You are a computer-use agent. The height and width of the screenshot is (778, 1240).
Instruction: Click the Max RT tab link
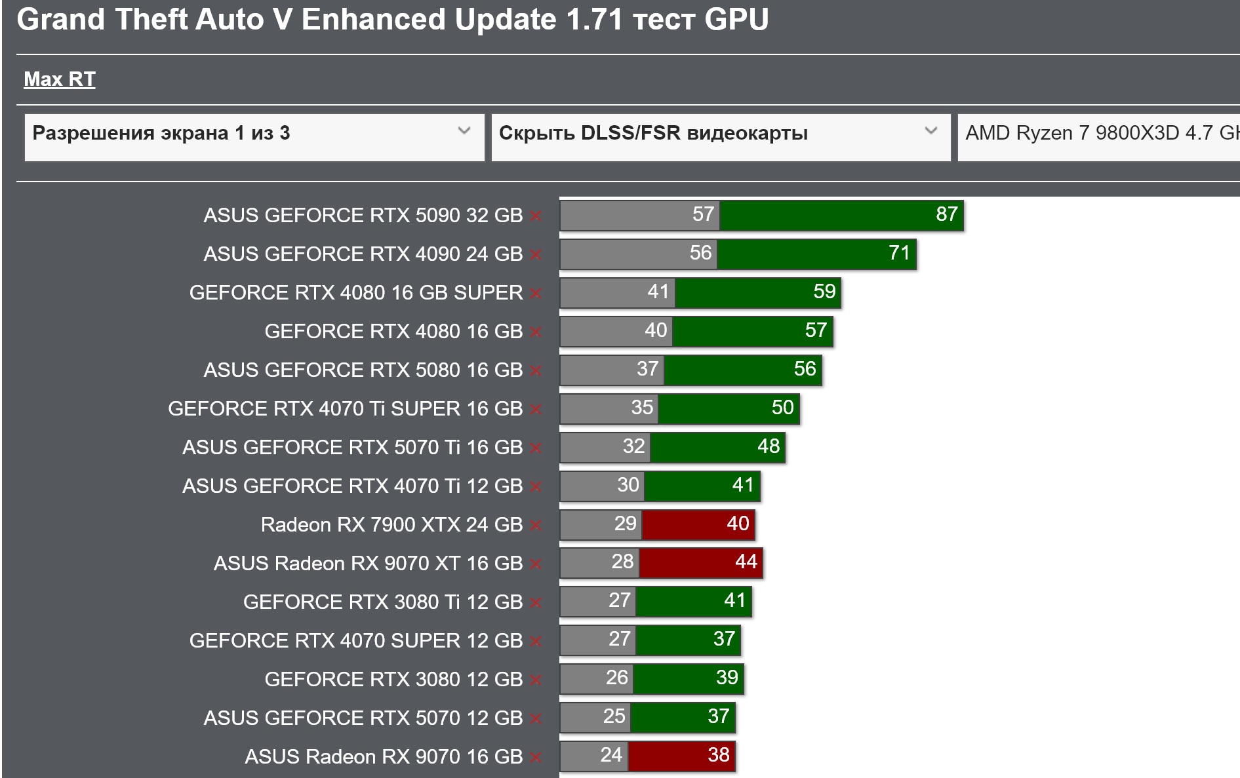tap(60, 79)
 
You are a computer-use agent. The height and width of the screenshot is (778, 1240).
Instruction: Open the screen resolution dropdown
tap(254, 134)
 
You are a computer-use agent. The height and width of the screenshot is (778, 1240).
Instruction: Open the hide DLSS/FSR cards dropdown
tap(720, 134)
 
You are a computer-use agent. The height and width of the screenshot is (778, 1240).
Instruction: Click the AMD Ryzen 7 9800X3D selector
tap(1098, 134)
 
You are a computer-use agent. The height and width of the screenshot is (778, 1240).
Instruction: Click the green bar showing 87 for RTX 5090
tap(841, 215)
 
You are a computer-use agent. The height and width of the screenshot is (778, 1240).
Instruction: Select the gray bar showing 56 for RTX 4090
tap(638, 254)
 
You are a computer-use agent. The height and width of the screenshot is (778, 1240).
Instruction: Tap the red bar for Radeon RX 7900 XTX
tap(698, 524)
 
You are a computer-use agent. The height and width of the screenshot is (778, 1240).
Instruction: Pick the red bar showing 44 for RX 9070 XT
tap(701, 563)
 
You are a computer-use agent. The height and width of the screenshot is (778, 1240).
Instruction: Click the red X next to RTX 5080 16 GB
tap(536, 371)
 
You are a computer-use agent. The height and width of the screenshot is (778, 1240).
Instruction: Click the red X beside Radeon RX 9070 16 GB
tap(536, 758)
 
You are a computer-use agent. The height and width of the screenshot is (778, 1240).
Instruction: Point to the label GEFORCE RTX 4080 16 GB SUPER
tap(355, 292)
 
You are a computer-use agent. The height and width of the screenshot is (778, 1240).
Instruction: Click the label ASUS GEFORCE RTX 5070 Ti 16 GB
tap(352, 447)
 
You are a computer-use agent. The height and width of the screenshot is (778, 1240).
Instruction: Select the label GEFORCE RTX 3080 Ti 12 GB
tap(382, 602)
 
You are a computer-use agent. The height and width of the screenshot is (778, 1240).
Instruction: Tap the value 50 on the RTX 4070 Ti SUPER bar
tap(782, 408)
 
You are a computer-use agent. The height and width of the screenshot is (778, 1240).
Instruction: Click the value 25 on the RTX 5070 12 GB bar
tap(614, 716)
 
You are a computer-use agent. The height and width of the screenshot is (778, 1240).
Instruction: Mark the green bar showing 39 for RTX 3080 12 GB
tap(688, 678)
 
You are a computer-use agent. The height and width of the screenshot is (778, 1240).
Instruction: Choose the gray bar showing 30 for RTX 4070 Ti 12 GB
tap(602, 486)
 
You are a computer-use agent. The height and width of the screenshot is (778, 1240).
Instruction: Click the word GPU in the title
tap(736, 20)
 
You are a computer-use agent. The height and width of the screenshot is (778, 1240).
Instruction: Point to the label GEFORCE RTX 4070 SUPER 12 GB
tap(355, 640)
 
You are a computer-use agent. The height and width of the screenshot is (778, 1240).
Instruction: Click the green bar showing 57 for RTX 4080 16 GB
tap(752, 331)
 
